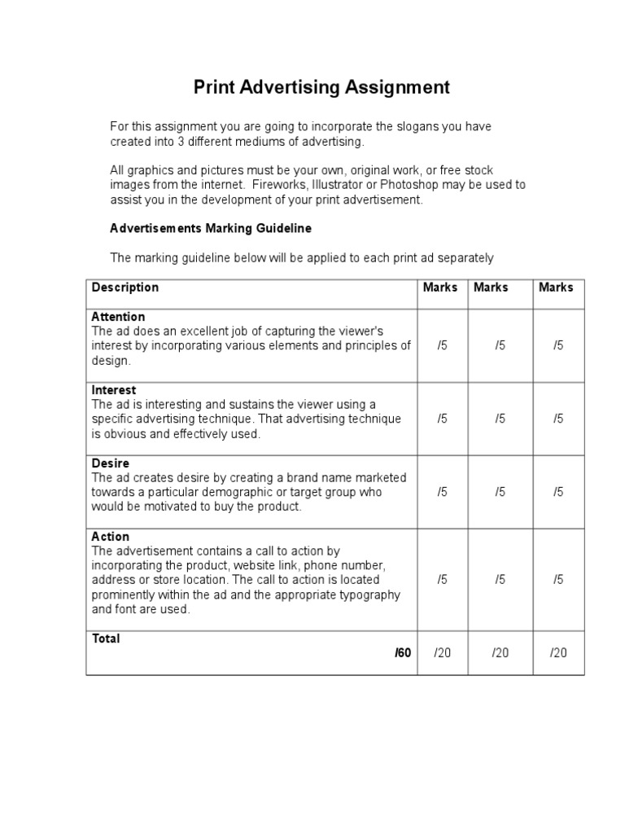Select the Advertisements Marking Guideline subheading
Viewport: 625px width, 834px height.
[x=211, y=229]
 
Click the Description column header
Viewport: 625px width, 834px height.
[x=125, y=288]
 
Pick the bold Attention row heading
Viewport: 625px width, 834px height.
[x=119, y=317]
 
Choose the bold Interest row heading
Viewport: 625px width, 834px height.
[x=114, y=390]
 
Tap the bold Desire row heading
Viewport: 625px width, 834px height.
[x=111, y=463]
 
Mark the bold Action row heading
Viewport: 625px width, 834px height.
[x=111, y=537]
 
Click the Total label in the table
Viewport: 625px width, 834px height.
[x=106, y=639]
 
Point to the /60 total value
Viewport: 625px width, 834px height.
[x=403, y=653]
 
